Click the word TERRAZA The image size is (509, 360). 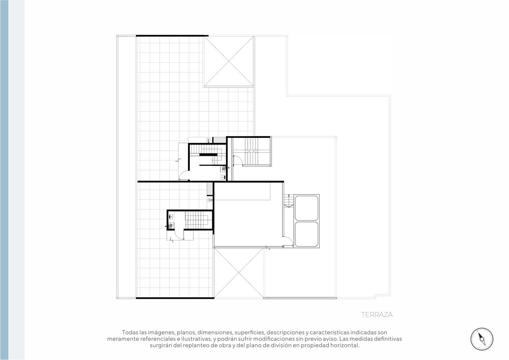377,315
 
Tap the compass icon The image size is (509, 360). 482,339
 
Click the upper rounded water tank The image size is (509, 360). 306,208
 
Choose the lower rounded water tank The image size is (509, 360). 306,234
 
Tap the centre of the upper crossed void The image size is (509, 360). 229,61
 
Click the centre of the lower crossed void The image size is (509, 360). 239,273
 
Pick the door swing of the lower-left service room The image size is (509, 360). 179,234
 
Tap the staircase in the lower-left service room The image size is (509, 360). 197,220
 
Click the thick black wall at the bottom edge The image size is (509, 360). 175,298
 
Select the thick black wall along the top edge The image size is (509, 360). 172,36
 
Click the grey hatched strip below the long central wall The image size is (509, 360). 210,188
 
